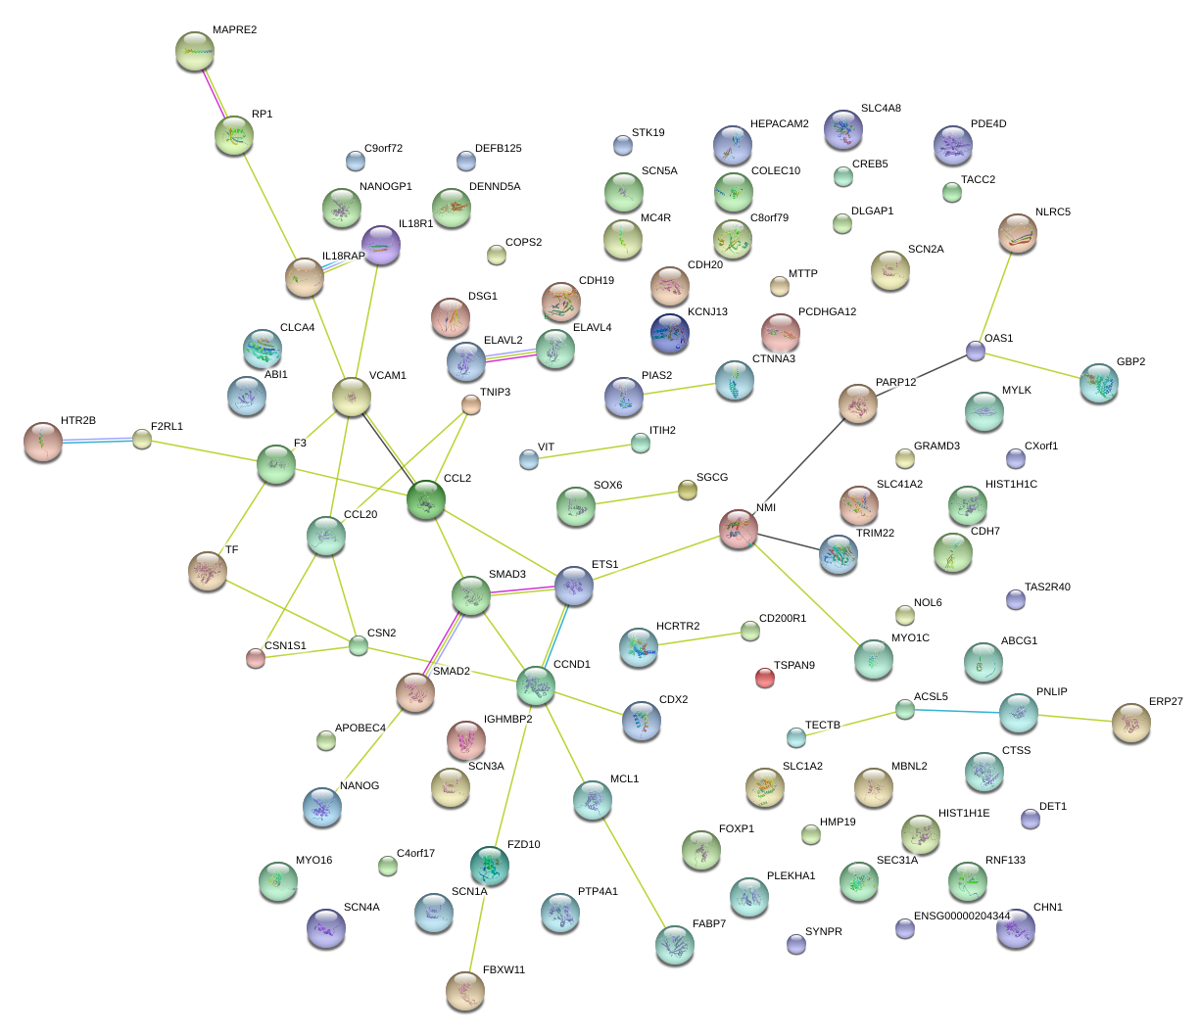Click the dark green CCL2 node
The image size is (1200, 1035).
tap(426, 499)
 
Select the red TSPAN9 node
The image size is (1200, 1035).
tap(765, 678)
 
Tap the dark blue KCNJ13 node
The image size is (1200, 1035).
tap(670, 333)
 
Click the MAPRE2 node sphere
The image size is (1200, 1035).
tap(195, 51)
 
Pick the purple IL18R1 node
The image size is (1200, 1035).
tap(381, 245)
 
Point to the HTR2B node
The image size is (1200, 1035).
tap(43, 442)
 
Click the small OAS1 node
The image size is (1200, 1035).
tap(976, 351)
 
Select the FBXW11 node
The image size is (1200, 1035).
tap(465, 991)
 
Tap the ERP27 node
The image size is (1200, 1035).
tap(1130, 723)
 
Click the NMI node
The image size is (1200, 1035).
tap(739, 529)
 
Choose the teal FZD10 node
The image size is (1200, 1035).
tap(490, 866)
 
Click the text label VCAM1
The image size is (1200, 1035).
tap(387, 376)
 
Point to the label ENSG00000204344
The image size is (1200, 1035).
tap(961, 916)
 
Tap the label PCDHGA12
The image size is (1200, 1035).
tap(827, 311)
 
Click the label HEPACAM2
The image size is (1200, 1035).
tap(779, 123)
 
